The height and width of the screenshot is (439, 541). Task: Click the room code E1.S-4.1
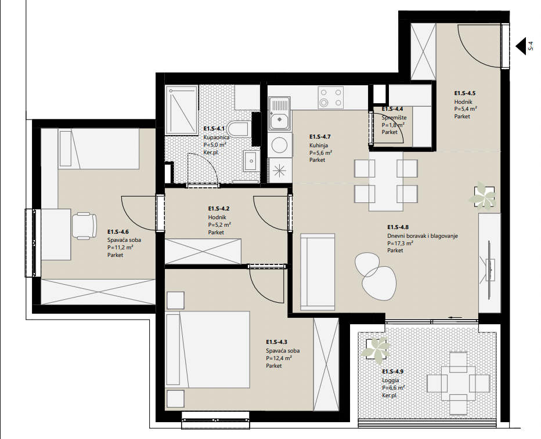[x=214, y=129]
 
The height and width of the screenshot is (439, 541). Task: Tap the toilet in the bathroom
[x=240, y=129]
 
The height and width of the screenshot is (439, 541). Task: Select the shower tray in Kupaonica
[x=182, y=110]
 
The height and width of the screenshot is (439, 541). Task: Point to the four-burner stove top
[x=330, y=97]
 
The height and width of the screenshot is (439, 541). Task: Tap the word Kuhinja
[x=319, y=146]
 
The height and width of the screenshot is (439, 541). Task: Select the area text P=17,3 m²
[x=400, y=243]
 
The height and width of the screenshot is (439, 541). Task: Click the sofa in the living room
[x=318, y=272]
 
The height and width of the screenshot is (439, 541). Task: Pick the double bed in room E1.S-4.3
[x=207, y=350]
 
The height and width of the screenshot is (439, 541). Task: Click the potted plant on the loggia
[x=376, y=350]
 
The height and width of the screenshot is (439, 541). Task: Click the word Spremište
[x=394, y=118]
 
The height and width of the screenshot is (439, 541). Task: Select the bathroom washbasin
[x=252, y=161]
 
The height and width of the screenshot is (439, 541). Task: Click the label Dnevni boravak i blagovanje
[x=423, y=236]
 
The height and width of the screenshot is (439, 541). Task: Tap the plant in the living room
[x=483, y=197]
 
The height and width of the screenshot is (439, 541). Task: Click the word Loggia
[x=390, y=380]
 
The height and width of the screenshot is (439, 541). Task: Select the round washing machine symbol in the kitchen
[x=279, y=145]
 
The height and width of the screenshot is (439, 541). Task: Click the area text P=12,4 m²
[x=279, y=358]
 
